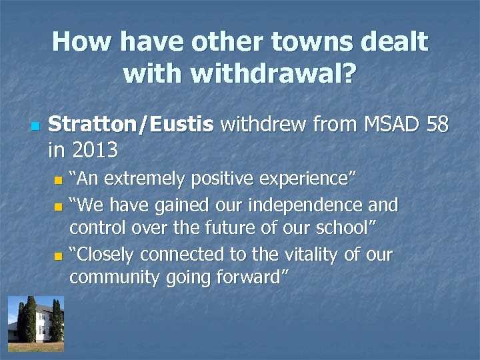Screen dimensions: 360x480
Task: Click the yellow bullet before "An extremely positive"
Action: coord(59,180)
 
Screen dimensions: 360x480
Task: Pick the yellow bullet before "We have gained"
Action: coord(59,205)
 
